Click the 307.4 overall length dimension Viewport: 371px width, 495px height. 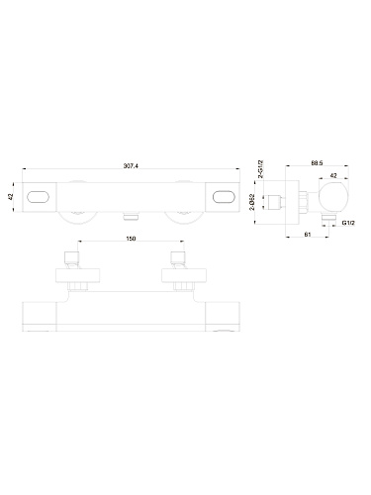point(131,166)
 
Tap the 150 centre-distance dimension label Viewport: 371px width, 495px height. point(131,239)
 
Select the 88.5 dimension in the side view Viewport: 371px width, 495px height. point(317,162)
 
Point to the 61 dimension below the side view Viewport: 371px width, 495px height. point(307,235)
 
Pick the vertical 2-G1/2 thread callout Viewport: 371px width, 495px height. point(260,169)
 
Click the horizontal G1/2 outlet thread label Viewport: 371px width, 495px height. point(348,223)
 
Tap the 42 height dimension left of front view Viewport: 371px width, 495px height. point(10,197)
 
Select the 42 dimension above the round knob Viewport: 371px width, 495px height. point(333,175)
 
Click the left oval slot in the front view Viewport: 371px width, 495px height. point(38,197)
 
